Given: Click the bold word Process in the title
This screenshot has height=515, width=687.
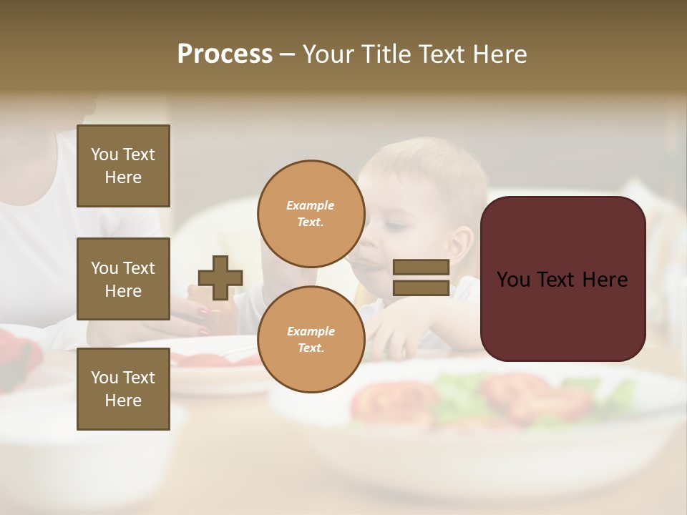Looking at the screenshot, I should (x=225, y=54).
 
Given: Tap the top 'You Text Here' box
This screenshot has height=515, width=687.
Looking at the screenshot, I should (x=123, y=166).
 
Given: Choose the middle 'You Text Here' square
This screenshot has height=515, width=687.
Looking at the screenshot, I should (x=123, y=279).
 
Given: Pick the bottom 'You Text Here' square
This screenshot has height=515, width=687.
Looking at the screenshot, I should (x=123, y=388).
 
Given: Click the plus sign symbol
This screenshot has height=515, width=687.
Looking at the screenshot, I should (x=220, y=278).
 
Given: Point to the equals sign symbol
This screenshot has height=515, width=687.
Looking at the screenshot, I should (x=421, y=278).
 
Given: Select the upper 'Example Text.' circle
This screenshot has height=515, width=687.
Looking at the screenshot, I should (x=311, y=214).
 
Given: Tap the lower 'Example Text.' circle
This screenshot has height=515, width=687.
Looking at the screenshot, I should (x=311, y=339).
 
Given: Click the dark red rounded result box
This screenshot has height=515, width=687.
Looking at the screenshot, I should (x=562, y=279).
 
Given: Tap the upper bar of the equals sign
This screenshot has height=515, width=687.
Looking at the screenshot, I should (x=421, y=268).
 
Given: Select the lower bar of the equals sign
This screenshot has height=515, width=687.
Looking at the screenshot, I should (x=421, y=288).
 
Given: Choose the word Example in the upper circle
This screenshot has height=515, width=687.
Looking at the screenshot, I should (x=311, y=206).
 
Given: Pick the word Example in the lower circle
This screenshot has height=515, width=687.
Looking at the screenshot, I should (x=311, y=331).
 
